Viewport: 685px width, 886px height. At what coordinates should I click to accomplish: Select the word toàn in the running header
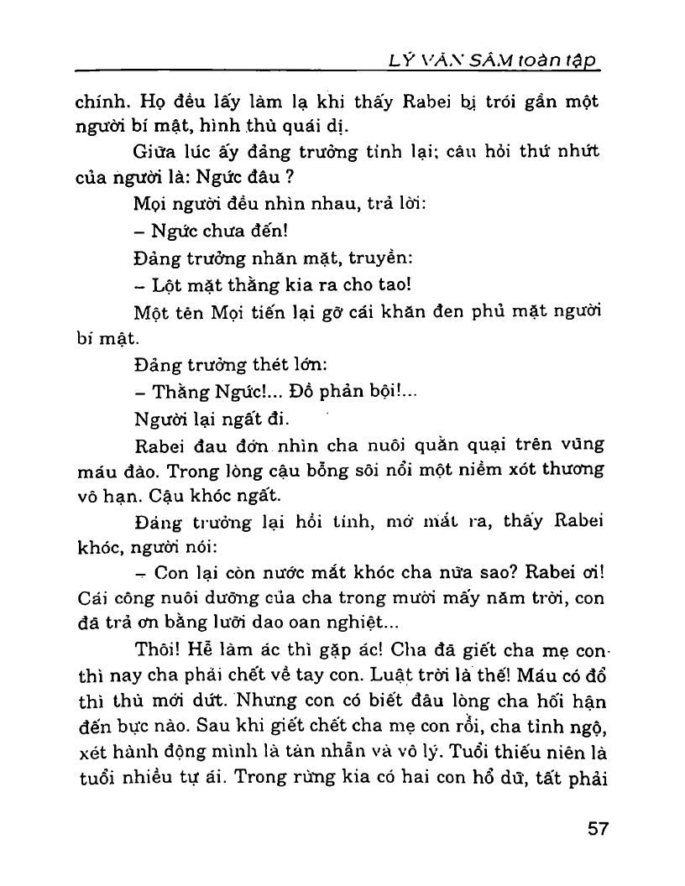pos(546,60)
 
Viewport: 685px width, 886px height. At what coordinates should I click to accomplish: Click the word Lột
pos(166,284)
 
